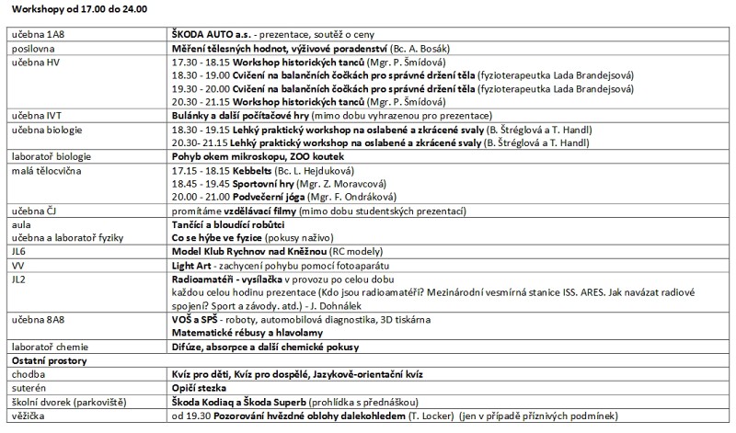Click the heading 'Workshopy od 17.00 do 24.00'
(x=76, y=8)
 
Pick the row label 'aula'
(x=18, y=223)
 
